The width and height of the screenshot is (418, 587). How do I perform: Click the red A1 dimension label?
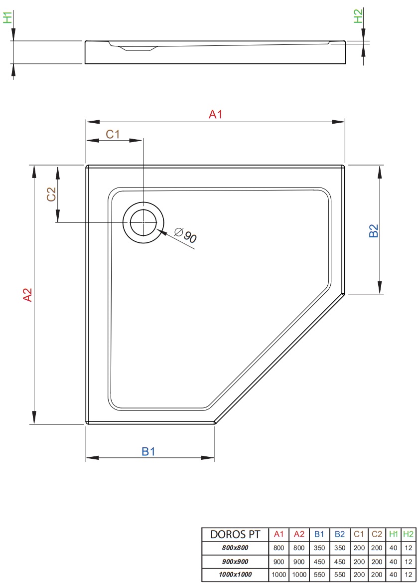(x=215, y=114)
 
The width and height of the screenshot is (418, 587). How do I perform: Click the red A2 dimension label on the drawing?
(x=28, y=295)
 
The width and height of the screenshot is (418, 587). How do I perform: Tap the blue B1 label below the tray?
(x=148, y=451)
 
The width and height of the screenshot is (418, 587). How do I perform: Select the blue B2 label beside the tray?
(x=374, y=230)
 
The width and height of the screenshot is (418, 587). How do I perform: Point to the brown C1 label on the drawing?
(x=113, y=134)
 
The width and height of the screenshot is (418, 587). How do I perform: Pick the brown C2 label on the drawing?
(x=51, y=194)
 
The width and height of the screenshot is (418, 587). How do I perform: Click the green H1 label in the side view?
(x=7, y=17)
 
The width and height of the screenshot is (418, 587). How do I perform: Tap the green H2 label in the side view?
(x=358, y=16)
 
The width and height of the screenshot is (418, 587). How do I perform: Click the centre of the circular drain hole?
(x=143, y=222)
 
